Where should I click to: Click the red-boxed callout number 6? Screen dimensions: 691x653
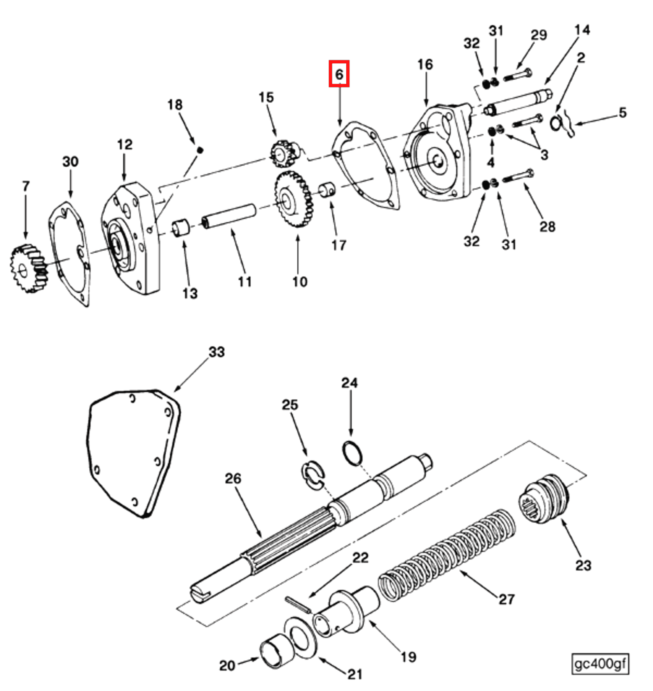point(339,74)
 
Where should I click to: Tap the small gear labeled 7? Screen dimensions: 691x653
point(28,268)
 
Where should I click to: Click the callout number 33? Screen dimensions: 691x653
point(217,352)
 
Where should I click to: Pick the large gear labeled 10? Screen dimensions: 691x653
point(293,199)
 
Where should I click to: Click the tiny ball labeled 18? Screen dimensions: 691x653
point(200,150)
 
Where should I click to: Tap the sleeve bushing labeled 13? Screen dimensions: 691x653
point(181,228)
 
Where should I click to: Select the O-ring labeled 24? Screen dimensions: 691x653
point(353,453)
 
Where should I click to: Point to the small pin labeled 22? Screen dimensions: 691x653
point(298,604)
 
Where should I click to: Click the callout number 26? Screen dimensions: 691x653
point(233,478)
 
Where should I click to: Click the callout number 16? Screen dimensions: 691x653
point(425,65)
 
